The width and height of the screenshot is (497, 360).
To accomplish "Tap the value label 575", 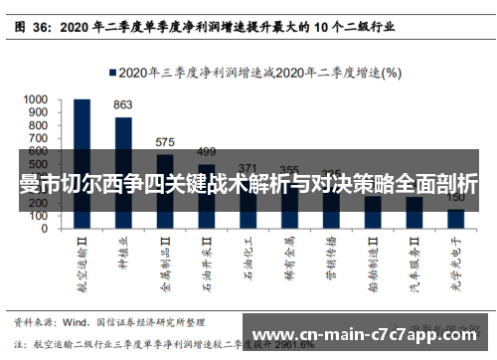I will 165,142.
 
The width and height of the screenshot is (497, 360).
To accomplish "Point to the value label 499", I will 206,151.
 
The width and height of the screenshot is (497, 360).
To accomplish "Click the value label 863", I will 123,104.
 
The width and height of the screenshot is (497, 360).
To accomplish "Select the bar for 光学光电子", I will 455,218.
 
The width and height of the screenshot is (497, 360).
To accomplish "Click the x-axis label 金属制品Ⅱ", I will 165,259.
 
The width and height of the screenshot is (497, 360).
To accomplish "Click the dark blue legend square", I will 110,73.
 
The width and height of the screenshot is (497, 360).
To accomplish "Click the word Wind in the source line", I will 78,322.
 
